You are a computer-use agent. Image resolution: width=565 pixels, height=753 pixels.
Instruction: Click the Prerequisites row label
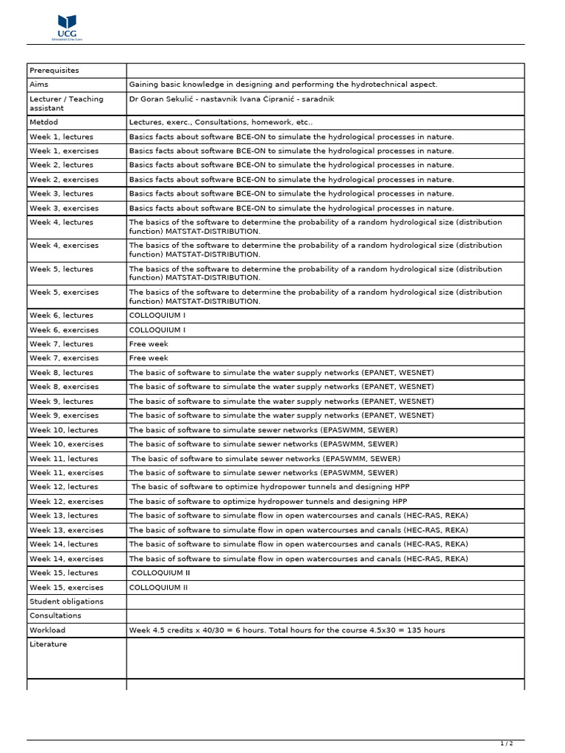pyautogui.click(x=54, y=71)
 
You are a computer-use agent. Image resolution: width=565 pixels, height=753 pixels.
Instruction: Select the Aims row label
pyautogui.click(x=39, y=85)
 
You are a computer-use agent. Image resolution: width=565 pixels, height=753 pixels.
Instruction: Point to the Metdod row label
pyautogui.click(x=43, y=122)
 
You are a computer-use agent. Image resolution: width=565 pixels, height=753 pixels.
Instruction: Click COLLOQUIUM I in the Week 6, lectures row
pyautogui.click(x=157, y=315)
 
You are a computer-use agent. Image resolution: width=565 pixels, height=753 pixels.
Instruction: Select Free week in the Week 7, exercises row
pyautogui.click(x=149, y=358)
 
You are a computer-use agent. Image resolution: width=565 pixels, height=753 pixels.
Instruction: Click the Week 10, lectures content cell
pyautogui.click(x=263, y=430)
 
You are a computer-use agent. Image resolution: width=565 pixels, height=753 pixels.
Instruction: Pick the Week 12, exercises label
pyautogui.click(x=66, y=502)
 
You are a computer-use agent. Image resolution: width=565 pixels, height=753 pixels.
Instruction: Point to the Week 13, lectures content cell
pyautogui.click(x=298, y=515)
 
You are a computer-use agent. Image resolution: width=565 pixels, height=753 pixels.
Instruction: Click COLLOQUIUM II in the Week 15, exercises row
pyautogui.click(x=158, y=588)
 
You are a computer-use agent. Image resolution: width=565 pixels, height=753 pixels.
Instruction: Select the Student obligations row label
pyautogui.click(x=66, y=602)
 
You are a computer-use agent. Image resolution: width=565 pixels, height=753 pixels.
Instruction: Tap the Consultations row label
pyautogui.click(x=55, y=615)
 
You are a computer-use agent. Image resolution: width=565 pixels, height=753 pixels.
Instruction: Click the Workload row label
pyautogui.click(x=47, y=630)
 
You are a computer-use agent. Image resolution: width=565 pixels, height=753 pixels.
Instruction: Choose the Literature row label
pyautogui.click(x=48, y=644)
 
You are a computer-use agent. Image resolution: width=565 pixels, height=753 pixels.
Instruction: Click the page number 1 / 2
pyautogui.click(x=507, y=744)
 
